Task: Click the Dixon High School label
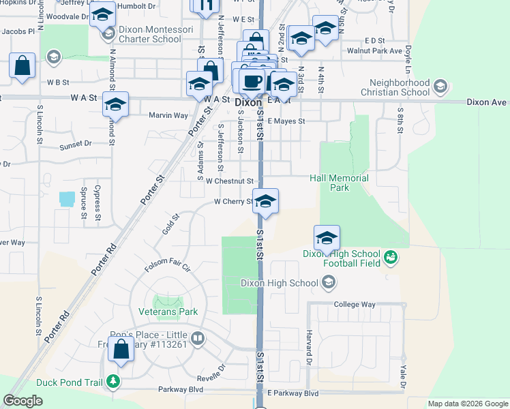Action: click(280, 283)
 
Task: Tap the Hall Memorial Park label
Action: click(339, 183)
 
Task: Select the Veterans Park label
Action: click(168, 312)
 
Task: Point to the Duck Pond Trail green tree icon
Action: click(114, 382)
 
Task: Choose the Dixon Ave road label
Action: click(486, 102)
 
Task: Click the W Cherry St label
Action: click(234, 202)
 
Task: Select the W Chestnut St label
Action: click(230, 181)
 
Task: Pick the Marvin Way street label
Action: click(168, 115)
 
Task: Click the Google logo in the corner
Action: click(22, 400)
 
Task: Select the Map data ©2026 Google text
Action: click(468, 404)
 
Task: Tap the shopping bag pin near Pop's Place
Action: click(121, 349)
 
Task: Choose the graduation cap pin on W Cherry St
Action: click(265, 201)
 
